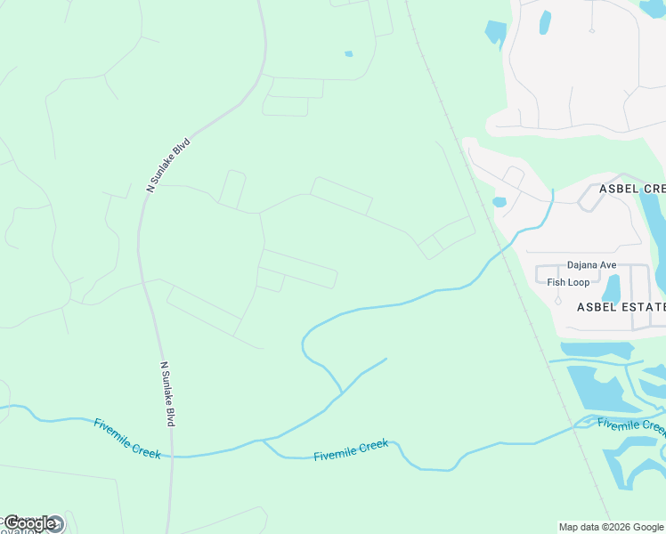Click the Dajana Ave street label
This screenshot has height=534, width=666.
[591, 265]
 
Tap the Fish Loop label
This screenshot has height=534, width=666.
[568, 282]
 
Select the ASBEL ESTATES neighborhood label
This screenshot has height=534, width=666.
[621, 307]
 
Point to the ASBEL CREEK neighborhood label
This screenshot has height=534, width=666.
[631, 189]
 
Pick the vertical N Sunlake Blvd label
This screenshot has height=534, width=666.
[167, 393]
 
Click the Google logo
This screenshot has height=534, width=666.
[30, 523]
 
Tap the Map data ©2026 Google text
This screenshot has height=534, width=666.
[611, 527]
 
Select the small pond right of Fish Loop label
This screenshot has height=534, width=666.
[612, 287]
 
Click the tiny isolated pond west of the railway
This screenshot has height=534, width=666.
[348, 54]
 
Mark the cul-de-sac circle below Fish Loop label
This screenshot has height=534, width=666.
[558, 300]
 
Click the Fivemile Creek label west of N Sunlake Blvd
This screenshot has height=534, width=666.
[126, 438]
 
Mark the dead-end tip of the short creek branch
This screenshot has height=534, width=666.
[386, 359]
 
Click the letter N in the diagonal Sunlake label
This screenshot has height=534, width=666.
[150, 188]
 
